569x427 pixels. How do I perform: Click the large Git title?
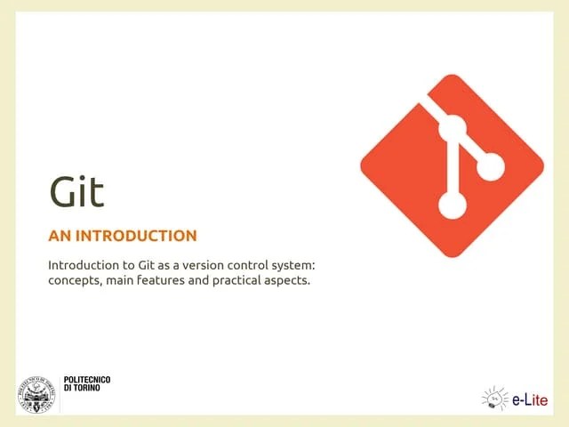click(x=76, y=192)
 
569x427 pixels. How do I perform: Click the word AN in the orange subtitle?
click(x=60, y=237)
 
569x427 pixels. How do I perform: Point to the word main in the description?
click(x=124, y=281)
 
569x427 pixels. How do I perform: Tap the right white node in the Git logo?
click(x=490, y=165)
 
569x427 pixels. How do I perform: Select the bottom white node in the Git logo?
click(x=452, y=206)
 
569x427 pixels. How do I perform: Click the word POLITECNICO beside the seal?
click(x=87, y=380)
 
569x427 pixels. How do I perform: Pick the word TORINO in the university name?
click(x=92, y=389)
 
